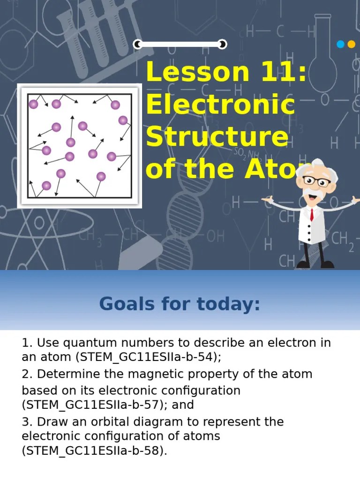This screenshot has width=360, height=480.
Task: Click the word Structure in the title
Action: tap(217, 137)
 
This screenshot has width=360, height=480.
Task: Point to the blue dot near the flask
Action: tap(341, 45)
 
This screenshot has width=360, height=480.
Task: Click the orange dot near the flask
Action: tap(351, 45)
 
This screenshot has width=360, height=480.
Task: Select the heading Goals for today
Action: tap(180, 304)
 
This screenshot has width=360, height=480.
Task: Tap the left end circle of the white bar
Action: tap(137, 45)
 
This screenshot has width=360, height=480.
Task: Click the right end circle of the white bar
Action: tap(223, 45)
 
